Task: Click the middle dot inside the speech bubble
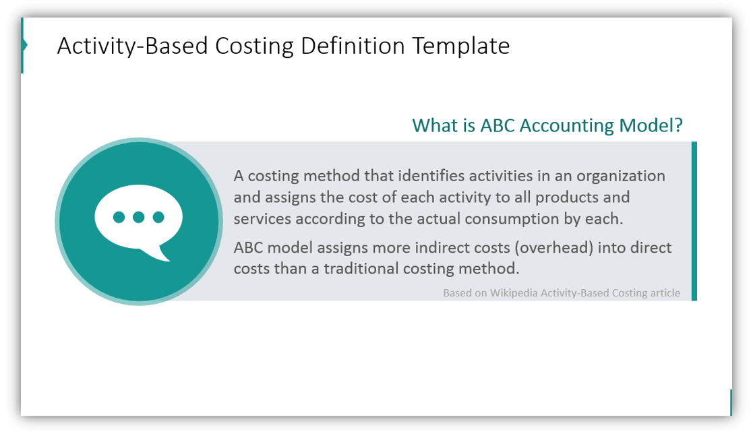(139, 217)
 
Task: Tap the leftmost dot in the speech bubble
(119, 217)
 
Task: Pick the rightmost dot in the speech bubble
(158, 217)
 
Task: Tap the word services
(262, 219)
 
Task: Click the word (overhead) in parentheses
(556, 247)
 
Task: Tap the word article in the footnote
(665, 293)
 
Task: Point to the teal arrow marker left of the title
(24, 45)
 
